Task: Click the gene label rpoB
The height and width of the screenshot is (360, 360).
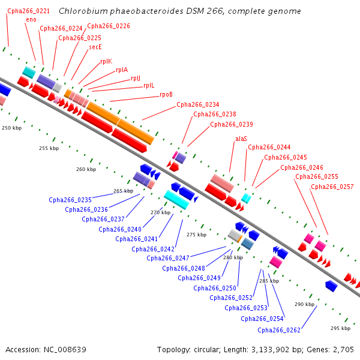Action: [166, 94]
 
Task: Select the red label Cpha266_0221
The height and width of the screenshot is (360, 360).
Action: [28, 11]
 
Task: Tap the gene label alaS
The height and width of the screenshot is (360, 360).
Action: [241, 139]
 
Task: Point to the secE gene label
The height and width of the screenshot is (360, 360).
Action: [95, 47]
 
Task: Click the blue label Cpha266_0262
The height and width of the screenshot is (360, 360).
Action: [279, 330]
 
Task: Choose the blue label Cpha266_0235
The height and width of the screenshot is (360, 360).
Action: [70, 200]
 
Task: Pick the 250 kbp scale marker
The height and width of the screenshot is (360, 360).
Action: [12, 128]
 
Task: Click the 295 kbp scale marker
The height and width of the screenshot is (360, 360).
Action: [340, 328]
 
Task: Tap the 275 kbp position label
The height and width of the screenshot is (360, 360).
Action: [197, 235]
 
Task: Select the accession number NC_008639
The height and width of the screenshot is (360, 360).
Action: [65, 350]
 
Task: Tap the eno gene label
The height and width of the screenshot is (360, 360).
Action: [31, 20]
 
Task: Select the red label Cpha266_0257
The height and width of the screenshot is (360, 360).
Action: [332, 187]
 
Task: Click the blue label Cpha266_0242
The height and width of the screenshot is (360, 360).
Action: [153, 249]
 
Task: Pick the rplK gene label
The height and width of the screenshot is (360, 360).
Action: [106, 62]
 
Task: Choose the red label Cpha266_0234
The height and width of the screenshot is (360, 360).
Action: [198, 104]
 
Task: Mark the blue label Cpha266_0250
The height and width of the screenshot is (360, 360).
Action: [215, 288]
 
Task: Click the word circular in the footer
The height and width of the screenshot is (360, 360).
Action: [207, 350]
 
